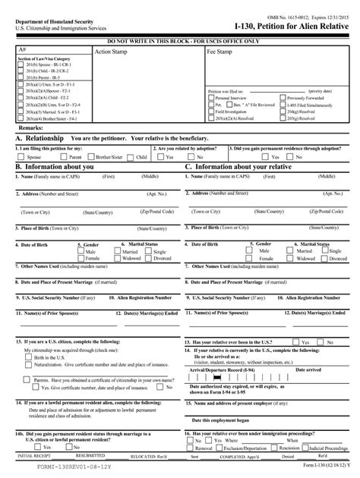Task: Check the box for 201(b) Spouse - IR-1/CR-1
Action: [x=21, y=66]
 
